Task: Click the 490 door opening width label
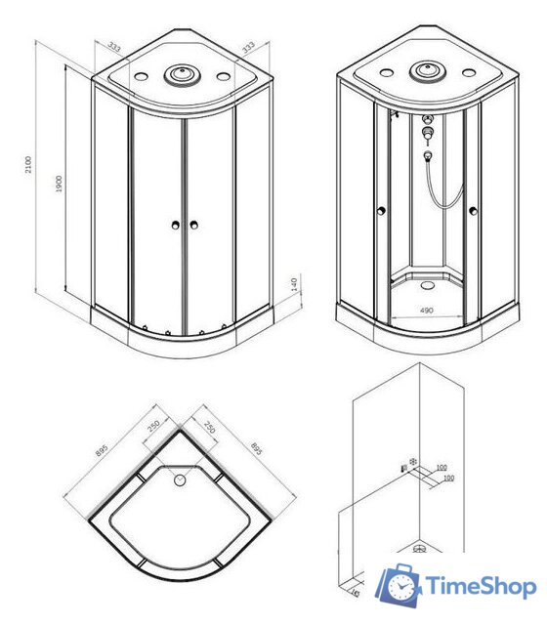tap(426, 312)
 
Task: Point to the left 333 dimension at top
tap(115, 45)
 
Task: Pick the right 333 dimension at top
tap(249, 47)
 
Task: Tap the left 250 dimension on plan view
tap(154, 429)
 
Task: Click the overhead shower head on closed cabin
tap(180, 73)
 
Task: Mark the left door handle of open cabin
tap(381, 209)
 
